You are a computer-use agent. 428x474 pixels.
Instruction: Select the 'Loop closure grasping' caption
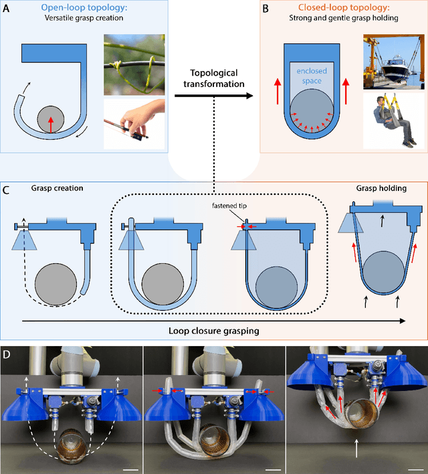[x=214, y=331]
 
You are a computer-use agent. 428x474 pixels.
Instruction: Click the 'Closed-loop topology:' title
[x=341, y=9]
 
